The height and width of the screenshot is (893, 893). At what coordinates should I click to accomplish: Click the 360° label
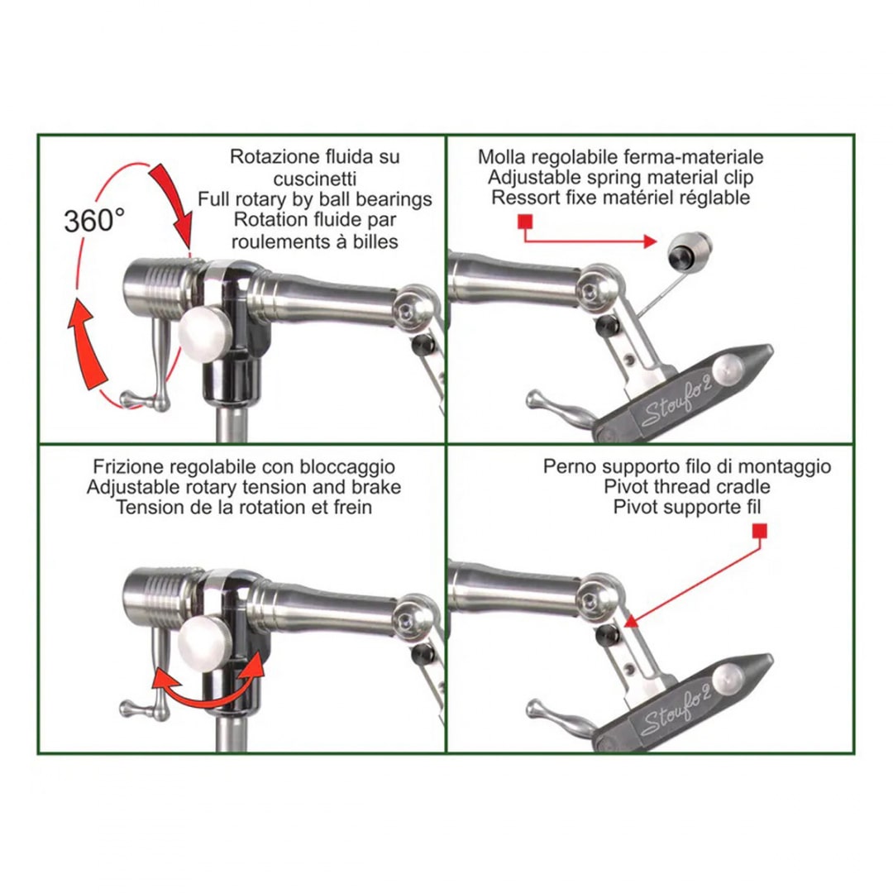pos(94,221)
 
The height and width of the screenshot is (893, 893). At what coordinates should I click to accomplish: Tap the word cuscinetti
pos(315,179)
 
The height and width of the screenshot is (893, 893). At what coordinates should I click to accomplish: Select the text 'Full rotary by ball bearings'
pos(315,199)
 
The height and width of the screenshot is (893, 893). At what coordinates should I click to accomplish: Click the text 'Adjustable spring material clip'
pos(621,177)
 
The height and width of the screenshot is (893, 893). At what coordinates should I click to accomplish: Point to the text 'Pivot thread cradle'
pos(687,487)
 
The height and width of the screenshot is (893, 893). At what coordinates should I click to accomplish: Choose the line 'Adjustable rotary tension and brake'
pos(244,488)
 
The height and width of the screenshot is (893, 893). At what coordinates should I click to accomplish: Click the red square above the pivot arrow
pos(760,532)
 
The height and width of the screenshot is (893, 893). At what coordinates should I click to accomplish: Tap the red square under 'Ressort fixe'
pos(525,221)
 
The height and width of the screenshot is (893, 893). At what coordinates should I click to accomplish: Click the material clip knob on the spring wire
pos(689,249)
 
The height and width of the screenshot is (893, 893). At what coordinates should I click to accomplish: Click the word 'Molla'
pos(502,156)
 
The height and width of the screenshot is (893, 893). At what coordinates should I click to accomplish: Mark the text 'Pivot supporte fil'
pos(687,507)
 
